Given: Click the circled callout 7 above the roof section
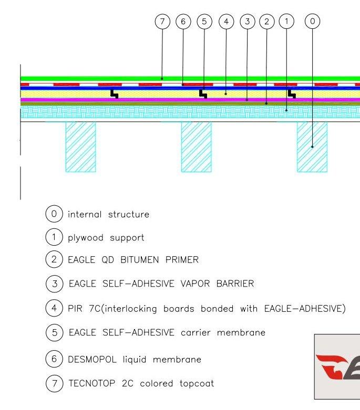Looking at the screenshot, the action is pyautogui.click(x=162, y=21).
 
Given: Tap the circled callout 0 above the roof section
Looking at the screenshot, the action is pyautogui.click(x=312, y=21).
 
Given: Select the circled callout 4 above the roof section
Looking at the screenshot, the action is pyautogui.click(x=226, y=21).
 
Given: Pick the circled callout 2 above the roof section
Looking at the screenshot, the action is pyautogui.click(x=267, y=21).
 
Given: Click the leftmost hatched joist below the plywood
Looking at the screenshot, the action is pyautogui.click(x=80, y=147).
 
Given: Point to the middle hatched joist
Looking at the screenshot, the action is pyautogui.click(x=197, y=147).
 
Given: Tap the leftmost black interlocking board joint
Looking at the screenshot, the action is pyautogui.click(x=114, y=94).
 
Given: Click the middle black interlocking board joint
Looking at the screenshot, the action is pyautogui.click(x=203, y=94).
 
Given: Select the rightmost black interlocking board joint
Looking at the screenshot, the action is pyautogui.click(x=292, y=94).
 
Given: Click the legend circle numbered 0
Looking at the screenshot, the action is pyautogui.click(x=54, y=214).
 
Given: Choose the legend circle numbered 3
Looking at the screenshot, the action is pyautogui.click(x=55, y=283).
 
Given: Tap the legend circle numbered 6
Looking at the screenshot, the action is pyautogui.click(x=54, y=359).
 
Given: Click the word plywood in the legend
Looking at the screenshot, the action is pyautogui.click(x=86, y=238).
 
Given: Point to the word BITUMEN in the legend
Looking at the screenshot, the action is pyautogui.click(x=140, y=260).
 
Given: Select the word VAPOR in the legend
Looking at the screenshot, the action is pyautogui.click(x=195, y=283).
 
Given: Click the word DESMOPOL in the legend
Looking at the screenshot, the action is pyautogui.click(x=92, y=359).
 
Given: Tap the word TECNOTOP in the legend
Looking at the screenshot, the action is pyautogui.click(x=92, y=383).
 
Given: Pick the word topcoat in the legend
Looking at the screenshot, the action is pyautogui.click(x=197, y=384).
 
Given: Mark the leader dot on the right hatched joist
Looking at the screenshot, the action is pyautogui.click(x=312, y=147).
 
